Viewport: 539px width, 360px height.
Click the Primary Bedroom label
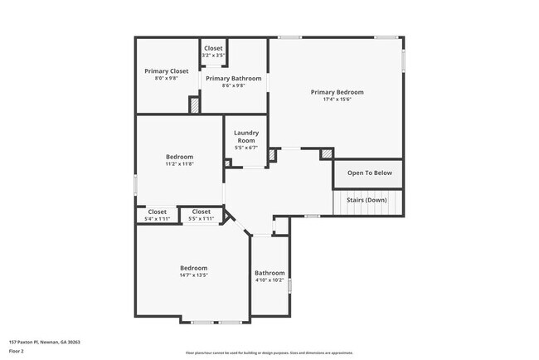337,92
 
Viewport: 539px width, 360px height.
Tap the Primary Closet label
166,71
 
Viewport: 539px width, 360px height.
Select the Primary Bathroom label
234,78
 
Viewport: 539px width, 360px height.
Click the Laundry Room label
246,137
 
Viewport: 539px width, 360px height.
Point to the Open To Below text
369,173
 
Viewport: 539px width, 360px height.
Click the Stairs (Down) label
367,200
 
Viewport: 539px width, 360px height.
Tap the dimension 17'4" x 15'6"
337,100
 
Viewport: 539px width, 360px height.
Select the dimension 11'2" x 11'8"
179,164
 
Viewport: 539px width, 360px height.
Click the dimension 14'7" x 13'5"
193,275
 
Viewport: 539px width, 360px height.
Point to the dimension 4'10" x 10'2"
269,280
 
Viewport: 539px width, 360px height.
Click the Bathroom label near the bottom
269,273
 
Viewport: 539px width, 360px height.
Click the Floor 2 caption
17,350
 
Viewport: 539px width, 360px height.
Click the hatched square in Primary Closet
194,105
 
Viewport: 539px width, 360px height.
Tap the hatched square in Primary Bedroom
327,153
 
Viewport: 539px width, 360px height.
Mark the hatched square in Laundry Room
228,163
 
